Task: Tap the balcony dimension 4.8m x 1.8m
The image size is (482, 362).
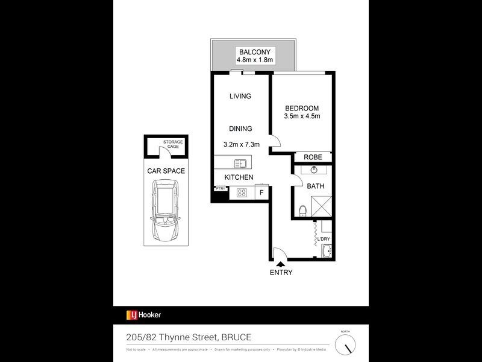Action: (254, 60)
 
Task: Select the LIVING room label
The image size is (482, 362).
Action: (240, 97)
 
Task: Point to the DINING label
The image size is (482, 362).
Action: (240, 129)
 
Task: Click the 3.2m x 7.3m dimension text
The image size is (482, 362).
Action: (241, 145)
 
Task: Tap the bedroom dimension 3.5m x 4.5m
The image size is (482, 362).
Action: (302, 116)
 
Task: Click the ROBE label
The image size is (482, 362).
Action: (313, 157)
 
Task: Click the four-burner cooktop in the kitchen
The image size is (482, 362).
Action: (242, 193)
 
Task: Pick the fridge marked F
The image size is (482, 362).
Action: (261, 193)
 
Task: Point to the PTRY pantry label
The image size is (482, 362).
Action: (220, 189)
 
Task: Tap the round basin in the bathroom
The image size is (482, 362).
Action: (313, 170)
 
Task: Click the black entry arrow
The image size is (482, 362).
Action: (281, 262)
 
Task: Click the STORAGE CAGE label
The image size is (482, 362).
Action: (172, 144)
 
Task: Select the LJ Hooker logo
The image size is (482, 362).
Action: (143, 314)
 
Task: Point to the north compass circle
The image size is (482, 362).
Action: (345, 345)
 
